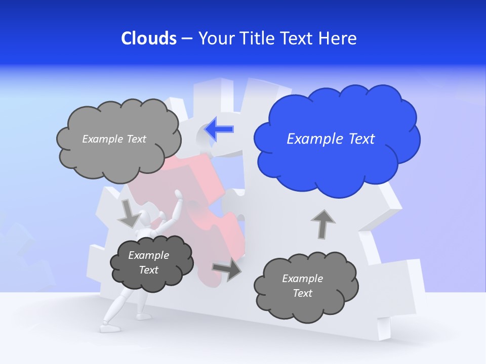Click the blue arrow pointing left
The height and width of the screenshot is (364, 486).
[220, 129]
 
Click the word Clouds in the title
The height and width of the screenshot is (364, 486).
[149, 38]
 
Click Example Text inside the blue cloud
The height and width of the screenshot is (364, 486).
[331, 139]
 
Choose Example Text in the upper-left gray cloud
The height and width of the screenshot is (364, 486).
[114, 139]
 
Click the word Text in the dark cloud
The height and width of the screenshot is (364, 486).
[149, 270]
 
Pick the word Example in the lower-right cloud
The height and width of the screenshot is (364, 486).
[302, 279]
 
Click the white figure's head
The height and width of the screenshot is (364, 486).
[146, 219]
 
